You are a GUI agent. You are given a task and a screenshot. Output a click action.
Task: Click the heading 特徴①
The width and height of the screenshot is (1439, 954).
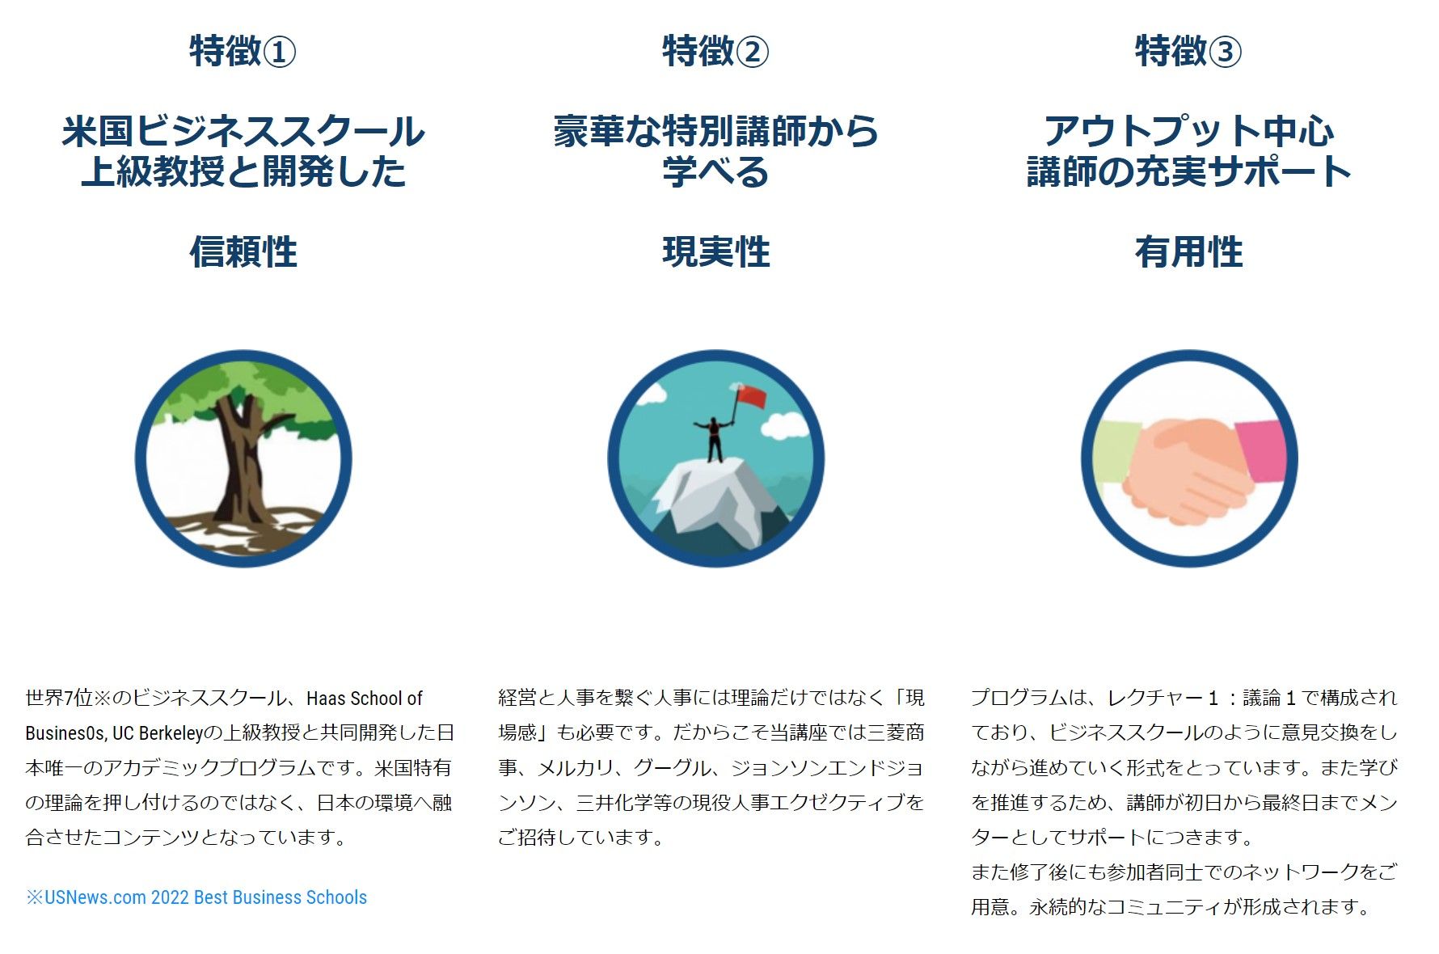coord(243,51)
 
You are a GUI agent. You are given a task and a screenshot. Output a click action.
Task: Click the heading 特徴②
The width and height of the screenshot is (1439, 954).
coord(715,51)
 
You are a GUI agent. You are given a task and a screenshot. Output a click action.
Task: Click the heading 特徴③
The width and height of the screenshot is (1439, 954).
coord(1188,51)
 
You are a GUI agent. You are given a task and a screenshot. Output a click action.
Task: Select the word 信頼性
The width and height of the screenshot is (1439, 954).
coord(243,251)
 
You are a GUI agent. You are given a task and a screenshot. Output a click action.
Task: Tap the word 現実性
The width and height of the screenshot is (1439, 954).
coord(716,251)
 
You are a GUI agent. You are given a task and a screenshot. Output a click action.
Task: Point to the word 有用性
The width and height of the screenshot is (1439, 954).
coord(1188,251)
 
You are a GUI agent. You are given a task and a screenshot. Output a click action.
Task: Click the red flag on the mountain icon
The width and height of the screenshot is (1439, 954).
coord(751,396)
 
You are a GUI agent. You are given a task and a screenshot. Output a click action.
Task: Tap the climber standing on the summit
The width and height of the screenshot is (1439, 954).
coord(714,438)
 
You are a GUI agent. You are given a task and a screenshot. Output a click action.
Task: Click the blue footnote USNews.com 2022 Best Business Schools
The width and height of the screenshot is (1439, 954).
coord(196,897)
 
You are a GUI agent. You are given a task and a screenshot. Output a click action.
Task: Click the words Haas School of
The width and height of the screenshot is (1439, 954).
coord(365,699)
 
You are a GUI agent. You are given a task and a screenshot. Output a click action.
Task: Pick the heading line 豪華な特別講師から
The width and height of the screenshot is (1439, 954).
coord(716,131)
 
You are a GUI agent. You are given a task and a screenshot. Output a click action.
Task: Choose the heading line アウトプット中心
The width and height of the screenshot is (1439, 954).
coord(1188,131)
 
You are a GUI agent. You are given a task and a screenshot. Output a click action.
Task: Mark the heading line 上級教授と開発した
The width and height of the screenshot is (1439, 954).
coord(243,171)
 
